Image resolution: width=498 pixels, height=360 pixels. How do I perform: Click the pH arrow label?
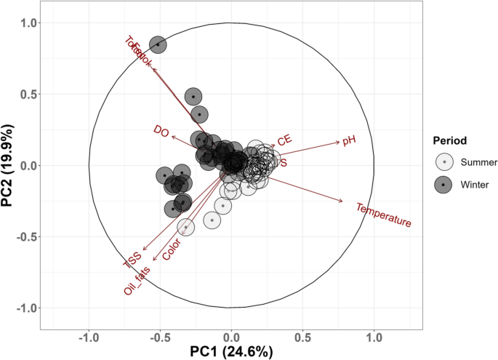tap(349, 141)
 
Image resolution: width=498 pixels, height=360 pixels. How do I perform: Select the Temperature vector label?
tap(384, 215)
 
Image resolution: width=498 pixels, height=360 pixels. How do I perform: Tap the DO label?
tap(161, 130)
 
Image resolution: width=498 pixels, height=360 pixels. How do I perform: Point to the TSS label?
tap(132, 261)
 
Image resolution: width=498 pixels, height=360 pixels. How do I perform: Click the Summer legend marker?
tap(443, 162)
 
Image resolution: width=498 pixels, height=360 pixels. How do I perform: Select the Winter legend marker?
tap(443, 185)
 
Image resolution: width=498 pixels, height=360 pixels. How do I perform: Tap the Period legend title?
tap(449, 140)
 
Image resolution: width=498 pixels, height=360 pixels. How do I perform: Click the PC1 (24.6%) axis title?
tap(231, 352)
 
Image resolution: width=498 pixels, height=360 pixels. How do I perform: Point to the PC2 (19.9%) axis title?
tap(11, 166)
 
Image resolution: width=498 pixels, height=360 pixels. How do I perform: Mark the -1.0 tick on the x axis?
tap(89, 340)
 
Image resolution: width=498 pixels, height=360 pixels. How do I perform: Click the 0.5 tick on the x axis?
tap(302, 340)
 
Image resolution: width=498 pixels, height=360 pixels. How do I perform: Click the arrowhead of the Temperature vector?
tap(342, 201)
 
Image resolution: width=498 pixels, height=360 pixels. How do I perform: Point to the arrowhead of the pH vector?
tap(340, 140)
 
